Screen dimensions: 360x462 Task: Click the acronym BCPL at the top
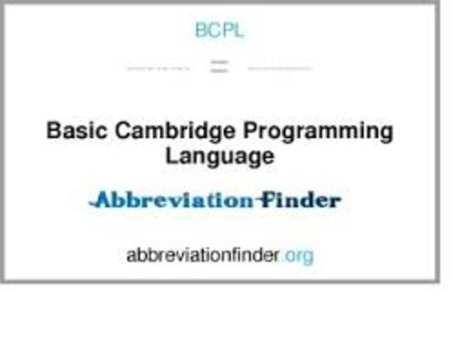[x=219, y=30]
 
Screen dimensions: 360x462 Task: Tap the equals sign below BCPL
[x=219, y=67]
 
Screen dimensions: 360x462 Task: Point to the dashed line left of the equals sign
[x=157, y=67]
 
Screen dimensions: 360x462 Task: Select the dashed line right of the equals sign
[x=279, y=67]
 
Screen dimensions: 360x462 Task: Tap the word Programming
[x=318, y=132]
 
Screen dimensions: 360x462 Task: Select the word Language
[x=219, y=157]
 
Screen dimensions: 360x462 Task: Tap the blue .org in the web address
[x=298, y=255]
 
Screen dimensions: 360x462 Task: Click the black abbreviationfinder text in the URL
[x=202, y=255]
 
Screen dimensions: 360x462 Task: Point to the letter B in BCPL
[x=200, y=30]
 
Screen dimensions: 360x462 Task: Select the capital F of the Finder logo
[x=263, y=200]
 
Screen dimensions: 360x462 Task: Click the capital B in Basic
[x=53, y=131]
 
